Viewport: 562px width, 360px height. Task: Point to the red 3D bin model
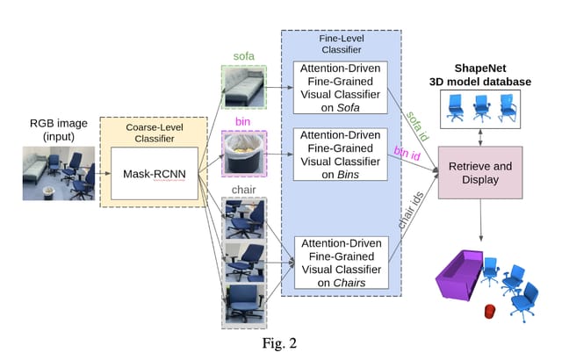488,311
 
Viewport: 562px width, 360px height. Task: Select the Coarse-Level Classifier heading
150,133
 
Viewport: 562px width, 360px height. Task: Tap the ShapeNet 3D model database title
481,75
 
